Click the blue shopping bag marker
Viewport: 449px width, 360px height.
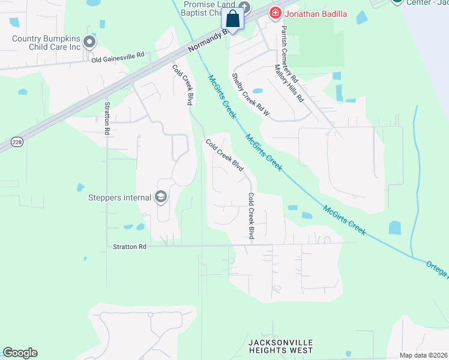(x=233, y=19)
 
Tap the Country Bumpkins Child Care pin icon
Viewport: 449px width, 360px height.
(x=89, y=42)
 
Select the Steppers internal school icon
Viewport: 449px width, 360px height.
(x=160, y=196)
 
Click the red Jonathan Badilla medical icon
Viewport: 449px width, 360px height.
(x=275, y=13)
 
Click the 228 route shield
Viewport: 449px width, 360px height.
(x=16, y=142)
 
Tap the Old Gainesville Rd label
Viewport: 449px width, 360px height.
(x=118, y=56)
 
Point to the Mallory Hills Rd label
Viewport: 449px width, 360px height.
(x=289, y=83)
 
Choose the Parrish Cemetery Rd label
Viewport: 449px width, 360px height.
(x=290, y=53)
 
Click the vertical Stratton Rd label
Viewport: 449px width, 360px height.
(x=107, y=118)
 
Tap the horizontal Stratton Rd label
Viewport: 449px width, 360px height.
(x=130, y=247)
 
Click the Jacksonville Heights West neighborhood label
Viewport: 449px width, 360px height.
(x=281, y=346)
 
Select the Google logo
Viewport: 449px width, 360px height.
(x=20, y=353)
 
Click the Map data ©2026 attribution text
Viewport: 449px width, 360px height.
(x=423, y=355)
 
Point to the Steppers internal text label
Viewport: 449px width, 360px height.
(x=119, y=197)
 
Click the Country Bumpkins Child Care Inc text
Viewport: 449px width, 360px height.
(x=47, y=43)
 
